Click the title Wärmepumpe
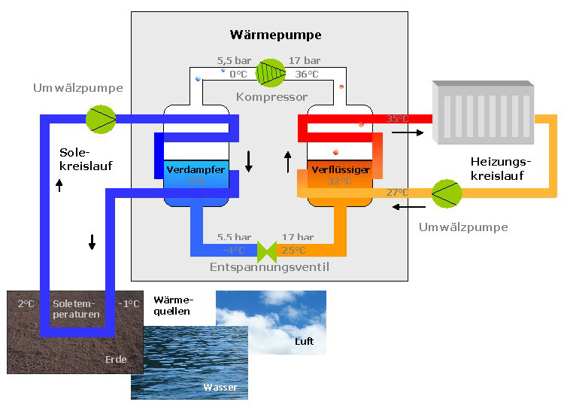pos(275,35)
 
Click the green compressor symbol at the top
pos(270,72)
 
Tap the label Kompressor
pos(271,97)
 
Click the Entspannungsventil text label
pos(269,266)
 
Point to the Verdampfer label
pos(195,170)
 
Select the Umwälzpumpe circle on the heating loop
pos(447,193)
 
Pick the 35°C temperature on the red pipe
pos(397,119)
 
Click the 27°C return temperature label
pos(397,193)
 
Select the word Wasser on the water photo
pos(220,387)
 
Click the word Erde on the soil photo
pos(116,360)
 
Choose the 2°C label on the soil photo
pos(26,304)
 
